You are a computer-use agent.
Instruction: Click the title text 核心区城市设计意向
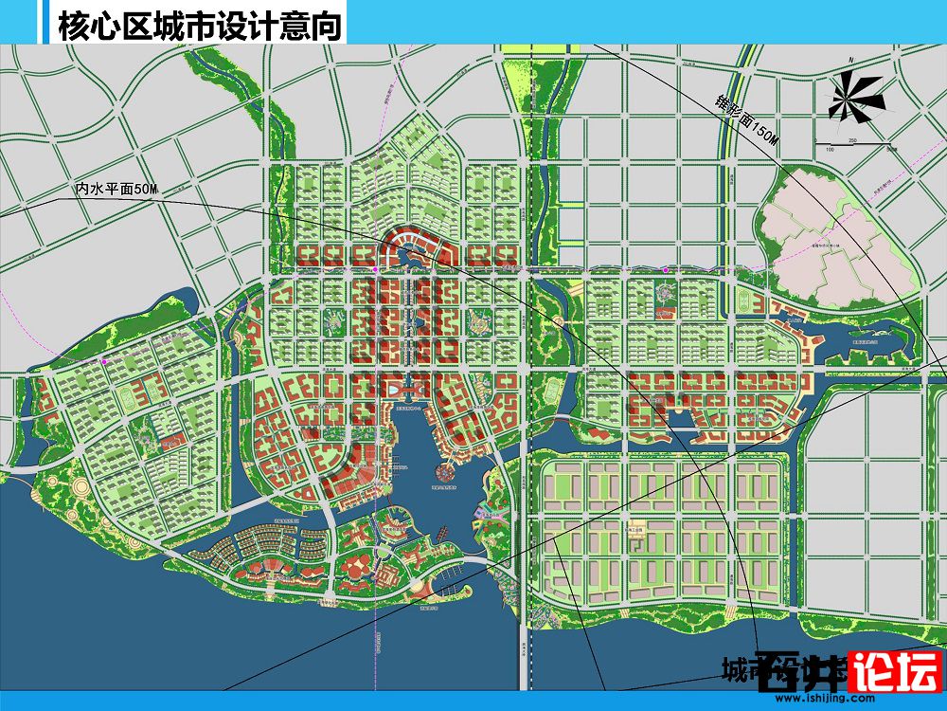pyautogui.click(x=199, y=26)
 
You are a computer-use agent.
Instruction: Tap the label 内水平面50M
pyautogui.click(x=117, y=190)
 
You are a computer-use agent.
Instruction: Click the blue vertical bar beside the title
pyautogui.click(x=44, y=22)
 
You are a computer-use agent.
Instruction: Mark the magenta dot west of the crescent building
pyautogui.click(x=376, y=270)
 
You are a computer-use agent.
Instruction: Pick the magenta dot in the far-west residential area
pyautogui.click(x=104, y=361)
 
